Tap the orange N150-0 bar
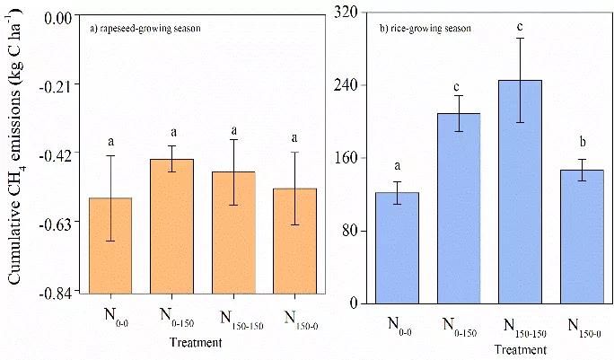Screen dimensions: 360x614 click(x=295, y=240)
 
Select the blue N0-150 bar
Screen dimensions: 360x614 click(x=459, y=207)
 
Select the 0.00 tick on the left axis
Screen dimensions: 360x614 click(x=59, y=15)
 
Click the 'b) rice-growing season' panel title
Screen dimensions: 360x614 click(x=426, y=29)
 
